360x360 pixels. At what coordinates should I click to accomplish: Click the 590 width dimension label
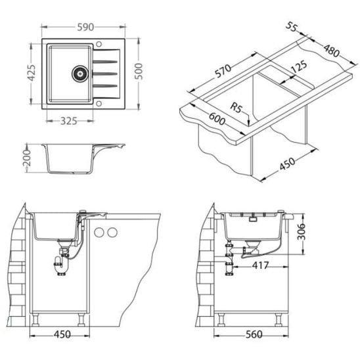85,27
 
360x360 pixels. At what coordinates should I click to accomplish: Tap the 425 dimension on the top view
32,73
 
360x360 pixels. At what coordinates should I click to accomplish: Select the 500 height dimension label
139,71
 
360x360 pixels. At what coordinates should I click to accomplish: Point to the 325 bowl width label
68,121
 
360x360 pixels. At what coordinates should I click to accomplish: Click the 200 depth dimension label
27,158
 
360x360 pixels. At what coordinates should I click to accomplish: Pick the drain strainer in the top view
80,74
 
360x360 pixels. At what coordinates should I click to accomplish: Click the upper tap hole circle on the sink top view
99,44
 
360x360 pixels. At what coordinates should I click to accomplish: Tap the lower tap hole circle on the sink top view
99,104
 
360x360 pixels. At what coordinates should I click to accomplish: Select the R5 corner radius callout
236,107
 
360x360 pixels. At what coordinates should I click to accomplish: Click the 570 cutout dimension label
223,71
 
